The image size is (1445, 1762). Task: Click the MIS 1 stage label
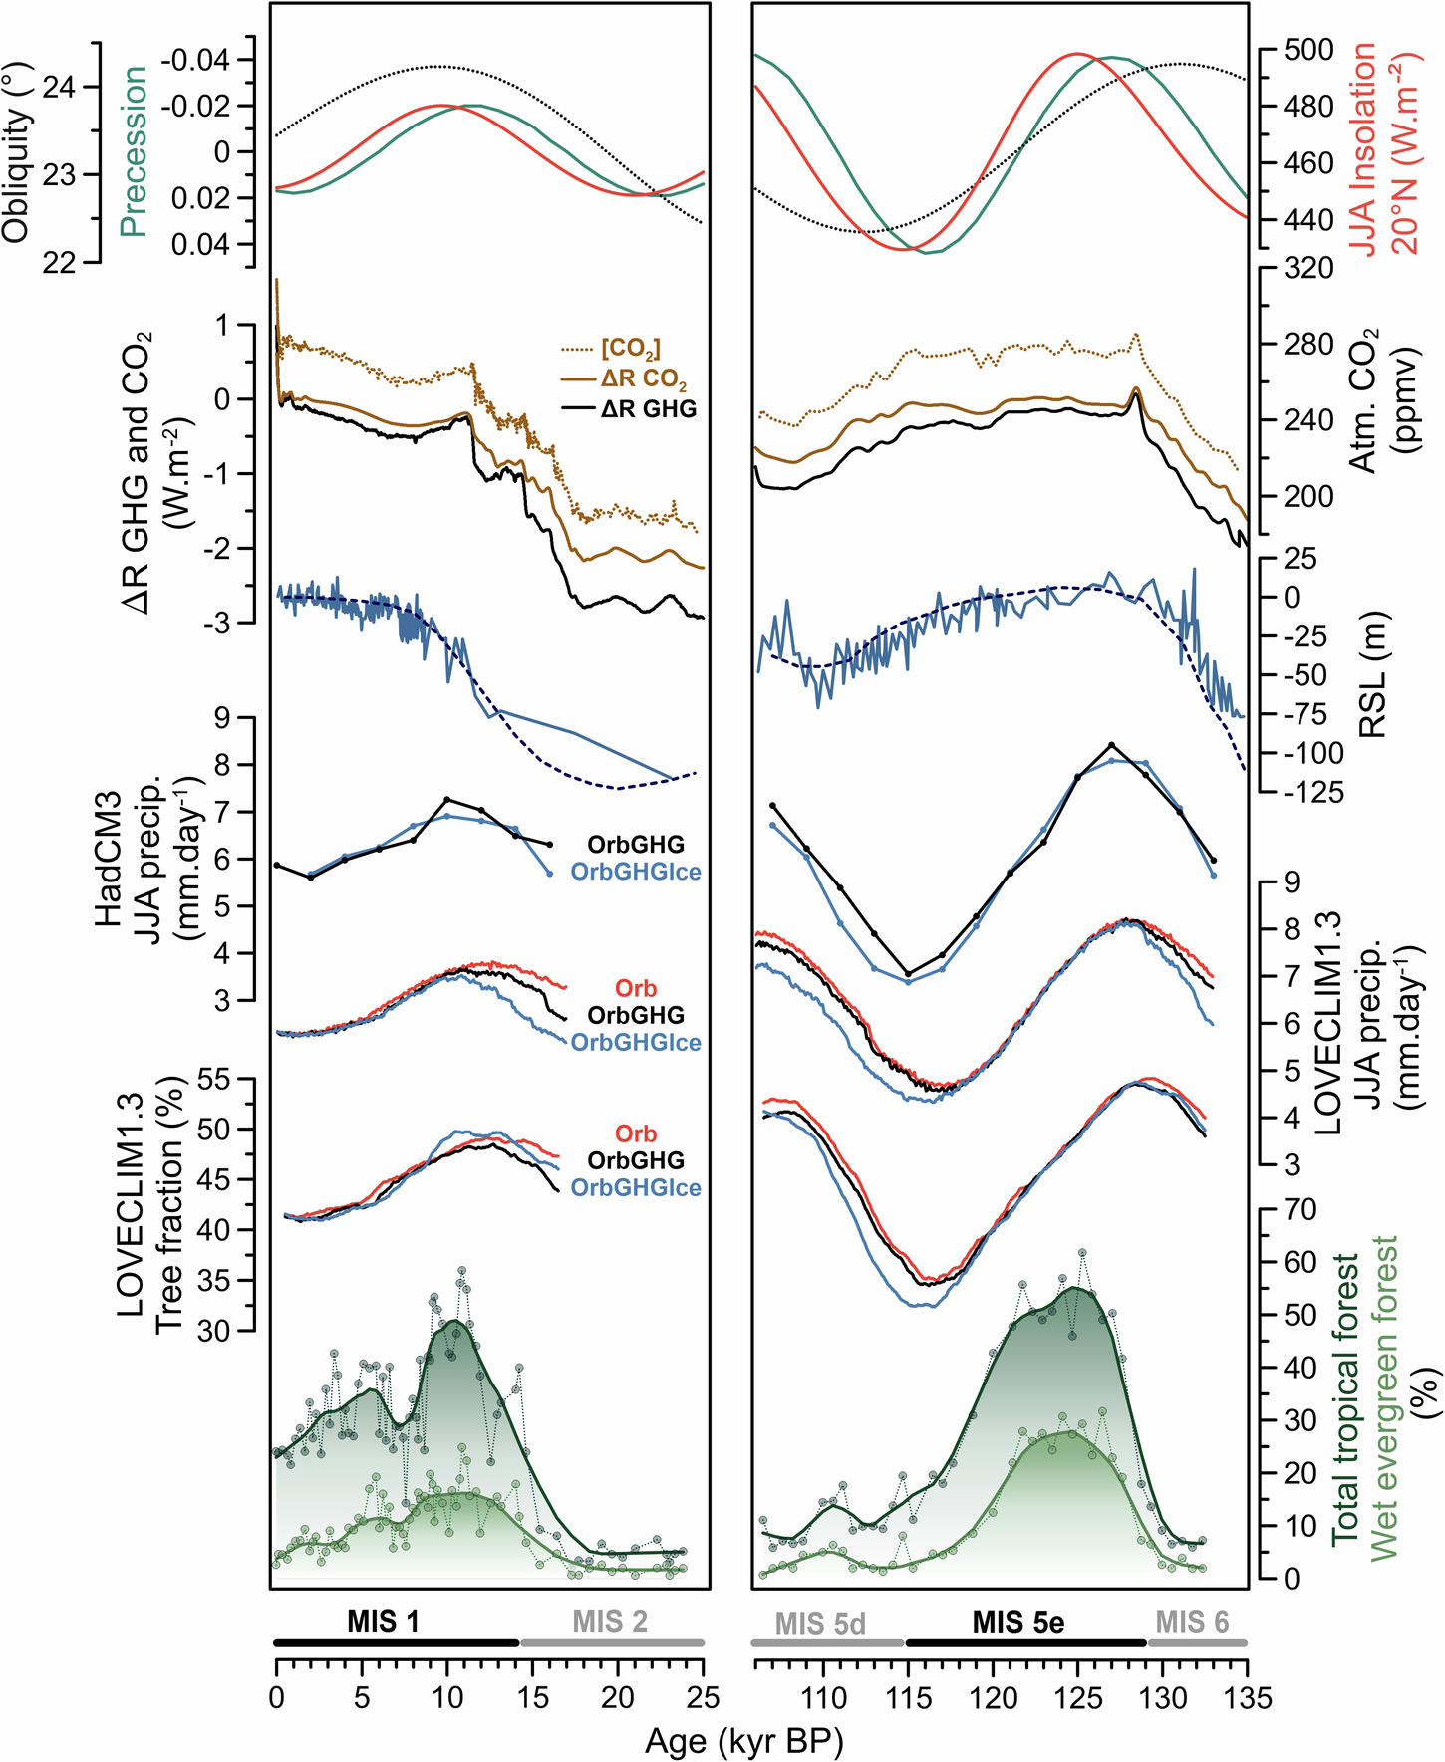pyautogui.click(x=383, y=1622)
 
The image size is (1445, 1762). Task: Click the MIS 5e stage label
pyautogui.click(x=1017, y=1623)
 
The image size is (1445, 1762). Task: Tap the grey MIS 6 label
pyautogui.click(x=1192, y=1623)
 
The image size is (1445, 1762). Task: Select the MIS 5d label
pyautogui.click(x=819, y=1624)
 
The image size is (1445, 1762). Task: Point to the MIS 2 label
pyautogui.click(x=609, y=1622)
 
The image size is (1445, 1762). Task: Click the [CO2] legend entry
pyautogui.click(x=630, y=349)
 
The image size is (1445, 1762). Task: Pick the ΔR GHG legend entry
pyautogui.click(x=648, y=409)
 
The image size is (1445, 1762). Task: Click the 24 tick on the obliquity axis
pyautogui.click(x=59, y=87)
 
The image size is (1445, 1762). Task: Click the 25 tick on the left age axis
pyautogui.click(x=704, y=1697)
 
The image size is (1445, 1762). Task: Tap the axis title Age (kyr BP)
pyautogui.click(x=743, y=1741)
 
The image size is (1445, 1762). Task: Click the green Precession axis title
pyautogui.click(x=133, y=151)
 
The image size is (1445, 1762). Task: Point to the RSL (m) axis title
pyautogui.click(x=1374, y=674)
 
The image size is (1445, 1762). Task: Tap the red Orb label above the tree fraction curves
pyautogui.click(x=635, y=1134)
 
